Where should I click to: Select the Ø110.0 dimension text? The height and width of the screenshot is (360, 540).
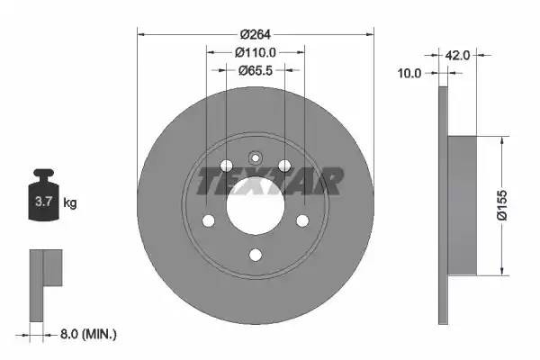pos(255,53)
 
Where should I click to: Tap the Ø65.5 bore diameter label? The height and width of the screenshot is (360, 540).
pos(255,69)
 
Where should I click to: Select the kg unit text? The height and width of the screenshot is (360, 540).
pos(70,203)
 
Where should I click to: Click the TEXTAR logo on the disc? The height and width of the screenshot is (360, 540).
pos(270,181)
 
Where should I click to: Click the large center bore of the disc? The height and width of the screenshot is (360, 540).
pos(255,207)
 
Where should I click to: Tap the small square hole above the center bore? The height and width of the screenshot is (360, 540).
pos(255,154)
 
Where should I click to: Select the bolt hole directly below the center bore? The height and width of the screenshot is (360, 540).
pos(255,255)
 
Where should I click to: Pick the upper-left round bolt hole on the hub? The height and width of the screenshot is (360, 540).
pos(225,166)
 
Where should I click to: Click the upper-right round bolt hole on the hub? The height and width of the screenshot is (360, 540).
pos(284,166)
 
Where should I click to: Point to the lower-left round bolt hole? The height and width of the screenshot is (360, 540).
pos(208,220)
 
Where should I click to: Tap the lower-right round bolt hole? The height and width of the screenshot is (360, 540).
pos(302,220)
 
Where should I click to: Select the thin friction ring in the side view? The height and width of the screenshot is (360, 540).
pos(442,207)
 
